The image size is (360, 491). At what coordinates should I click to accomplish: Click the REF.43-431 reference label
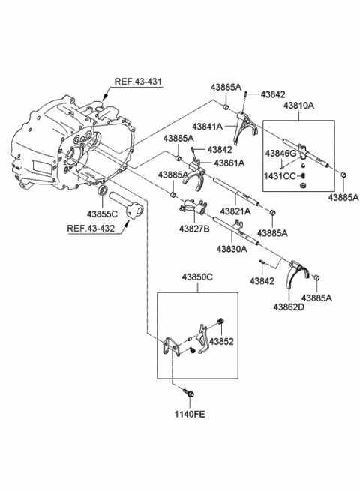[138, 82]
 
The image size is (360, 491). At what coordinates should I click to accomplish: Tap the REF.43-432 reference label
[91, 229]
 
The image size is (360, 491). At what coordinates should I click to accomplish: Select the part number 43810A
[299, 106]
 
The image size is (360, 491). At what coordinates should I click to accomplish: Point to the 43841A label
[208, 127]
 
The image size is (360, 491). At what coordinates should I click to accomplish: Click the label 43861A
[229, 163]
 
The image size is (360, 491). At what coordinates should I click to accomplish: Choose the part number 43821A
[235, 211]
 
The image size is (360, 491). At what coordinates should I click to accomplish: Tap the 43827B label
[194, 229]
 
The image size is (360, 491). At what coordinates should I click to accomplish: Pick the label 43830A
[232, 249]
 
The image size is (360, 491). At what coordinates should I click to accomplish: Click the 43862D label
[289, 307]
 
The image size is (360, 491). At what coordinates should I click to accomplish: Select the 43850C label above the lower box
[197, 277]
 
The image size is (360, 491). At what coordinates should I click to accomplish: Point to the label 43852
[221, 341]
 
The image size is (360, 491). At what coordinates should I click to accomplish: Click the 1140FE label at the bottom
[190, 415]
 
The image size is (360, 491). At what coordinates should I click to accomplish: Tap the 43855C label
[102, 214]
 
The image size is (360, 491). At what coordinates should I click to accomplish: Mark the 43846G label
[280, 154]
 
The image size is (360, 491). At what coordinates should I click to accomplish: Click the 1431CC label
[280, 176]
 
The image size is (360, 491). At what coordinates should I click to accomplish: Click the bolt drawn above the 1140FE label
[188, 393]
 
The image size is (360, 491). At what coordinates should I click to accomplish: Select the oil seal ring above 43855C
[103, 190]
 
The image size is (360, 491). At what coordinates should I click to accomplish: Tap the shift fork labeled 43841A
[246, 127]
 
